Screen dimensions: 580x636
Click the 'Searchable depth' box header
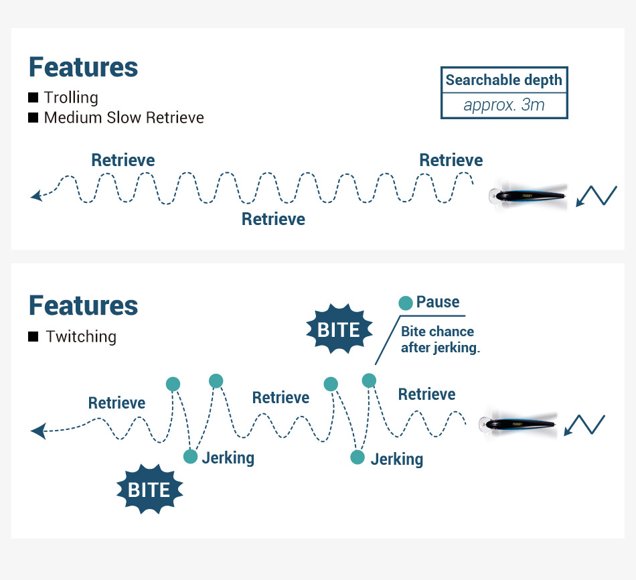(x=503, y=80)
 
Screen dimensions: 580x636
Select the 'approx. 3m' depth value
(x=503, y=105)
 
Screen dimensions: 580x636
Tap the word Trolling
(x=71, y=98)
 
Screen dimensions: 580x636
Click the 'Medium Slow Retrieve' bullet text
(x=124, y=118)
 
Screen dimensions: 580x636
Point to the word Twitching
(x=81, y=337)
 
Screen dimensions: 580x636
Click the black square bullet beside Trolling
(x=33, y=98)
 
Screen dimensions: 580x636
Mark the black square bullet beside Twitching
(x=33, y=337)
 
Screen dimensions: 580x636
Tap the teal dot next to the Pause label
(x=406, y=303)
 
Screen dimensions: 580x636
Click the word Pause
(x=438, y=302)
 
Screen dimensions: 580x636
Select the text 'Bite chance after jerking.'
(x=440, y=340)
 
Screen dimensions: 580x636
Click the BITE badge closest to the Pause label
(x=339, y=330)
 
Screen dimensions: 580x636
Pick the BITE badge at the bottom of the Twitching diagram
(x=149, y=490)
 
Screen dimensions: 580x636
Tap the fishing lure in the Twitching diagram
(x=520, y=423)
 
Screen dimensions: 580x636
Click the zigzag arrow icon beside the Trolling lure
(x=596, y=196)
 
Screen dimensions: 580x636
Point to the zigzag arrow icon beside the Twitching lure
(x=584, y=425)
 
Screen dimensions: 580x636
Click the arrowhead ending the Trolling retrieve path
(x=36, y=196)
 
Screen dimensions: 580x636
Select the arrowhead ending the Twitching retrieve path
(x=38, y=431)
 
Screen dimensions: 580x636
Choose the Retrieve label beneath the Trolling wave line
(x=273, y=220)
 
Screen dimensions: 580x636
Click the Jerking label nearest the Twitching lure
(x=396, y=459)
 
